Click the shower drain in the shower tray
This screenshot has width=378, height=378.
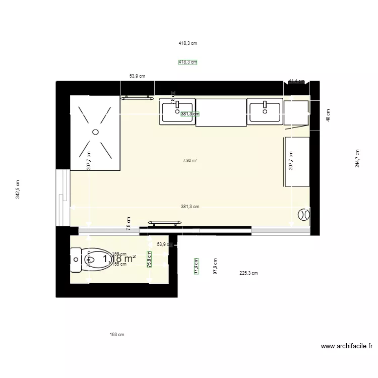click(x=95, y=132)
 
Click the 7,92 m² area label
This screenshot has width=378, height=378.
click(x=190, y=161)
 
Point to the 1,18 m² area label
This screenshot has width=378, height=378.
click(x=119, y=259)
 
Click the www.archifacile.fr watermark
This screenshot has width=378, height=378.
click(x=347, y=347)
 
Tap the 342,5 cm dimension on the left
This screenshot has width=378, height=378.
click(x=18, y=190)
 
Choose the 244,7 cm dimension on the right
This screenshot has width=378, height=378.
click(x=357, y=158)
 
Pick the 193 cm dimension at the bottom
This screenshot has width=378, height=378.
click(x=117, y=335)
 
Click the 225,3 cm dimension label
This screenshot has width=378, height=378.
click(x=248, y=273)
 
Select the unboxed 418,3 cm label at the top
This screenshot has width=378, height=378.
click(x=187, y=43)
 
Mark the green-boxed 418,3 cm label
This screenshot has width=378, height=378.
click(x=187, y=62)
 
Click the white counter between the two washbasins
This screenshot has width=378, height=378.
click(x=221, y=112)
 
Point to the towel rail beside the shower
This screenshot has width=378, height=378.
click(x=137, y=97)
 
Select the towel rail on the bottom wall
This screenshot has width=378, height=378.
click(x=164, y=222)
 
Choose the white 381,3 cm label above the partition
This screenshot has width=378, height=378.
click(x=190, y=207)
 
